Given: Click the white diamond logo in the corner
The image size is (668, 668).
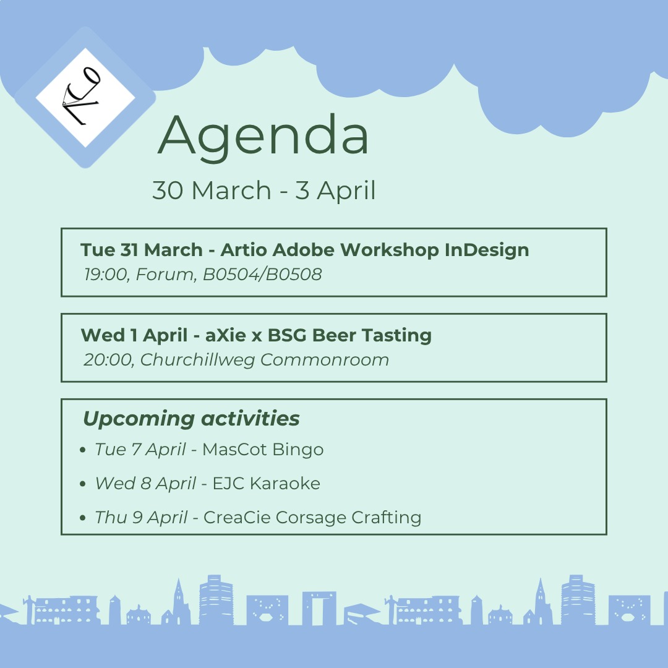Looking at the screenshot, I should tap(85, 97).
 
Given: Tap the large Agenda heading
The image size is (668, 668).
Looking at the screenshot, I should tap(263, 135).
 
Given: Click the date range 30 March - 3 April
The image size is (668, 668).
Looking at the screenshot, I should tap(264, 191).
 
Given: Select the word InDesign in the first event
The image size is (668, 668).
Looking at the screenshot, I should tap(487, 250).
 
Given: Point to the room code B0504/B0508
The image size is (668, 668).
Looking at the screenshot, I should tap(262, 274).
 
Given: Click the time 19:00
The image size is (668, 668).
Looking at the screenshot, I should tap(106, 274).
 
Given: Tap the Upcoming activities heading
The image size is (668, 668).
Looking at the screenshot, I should tap(191, 419).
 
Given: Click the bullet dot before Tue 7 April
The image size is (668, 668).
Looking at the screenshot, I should tap(83, 450).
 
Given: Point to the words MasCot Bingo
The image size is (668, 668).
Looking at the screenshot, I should tap(263, 450).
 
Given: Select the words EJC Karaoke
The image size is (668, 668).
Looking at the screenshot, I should tap(267, 483).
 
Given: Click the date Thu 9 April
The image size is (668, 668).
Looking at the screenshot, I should tap(141, 517).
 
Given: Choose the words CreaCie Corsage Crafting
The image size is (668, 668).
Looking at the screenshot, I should tap(312, 517).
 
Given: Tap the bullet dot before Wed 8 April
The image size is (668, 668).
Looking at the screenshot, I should tap(83, 484).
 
